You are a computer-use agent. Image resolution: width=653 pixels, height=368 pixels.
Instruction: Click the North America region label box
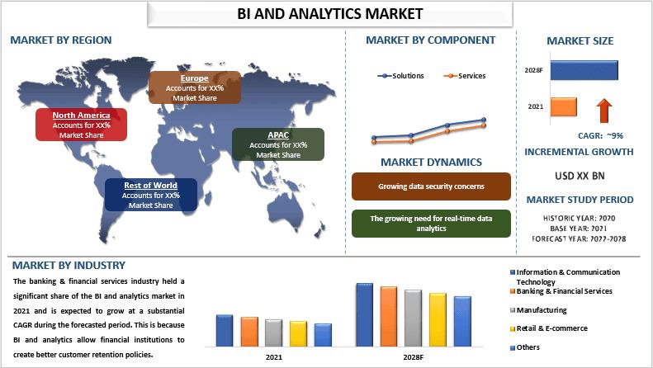coord(81,125)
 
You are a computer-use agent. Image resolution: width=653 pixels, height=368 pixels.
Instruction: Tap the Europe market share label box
coord(195,87)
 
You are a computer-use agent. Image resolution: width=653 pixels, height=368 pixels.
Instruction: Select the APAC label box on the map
coord(278,144)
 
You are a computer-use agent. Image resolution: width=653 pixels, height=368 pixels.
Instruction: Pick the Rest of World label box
coord(151,195)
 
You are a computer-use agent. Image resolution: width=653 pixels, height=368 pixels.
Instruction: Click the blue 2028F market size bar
coord(584,70)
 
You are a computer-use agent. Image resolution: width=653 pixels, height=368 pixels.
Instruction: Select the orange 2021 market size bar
coord(564,107)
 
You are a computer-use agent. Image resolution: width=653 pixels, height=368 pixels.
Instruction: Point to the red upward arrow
coord(603,111)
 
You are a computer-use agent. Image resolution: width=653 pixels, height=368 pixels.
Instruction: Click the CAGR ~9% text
coord(600,135)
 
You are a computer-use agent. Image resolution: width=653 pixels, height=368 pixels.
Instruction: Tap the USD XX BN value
coord(580,176)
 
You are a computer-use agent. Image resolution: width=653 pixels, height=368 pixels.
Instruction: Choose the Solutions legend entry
coord(400,76)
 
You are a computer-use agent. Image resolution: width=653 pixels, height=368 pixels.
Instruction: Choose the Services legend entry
coord(465,76)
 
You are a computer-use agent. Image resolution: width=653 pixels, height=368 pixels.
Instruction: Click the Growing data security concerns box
coord(431,186)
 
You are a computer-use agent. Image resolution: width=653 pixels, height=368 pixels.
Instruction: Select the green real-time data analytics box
coord(431,224)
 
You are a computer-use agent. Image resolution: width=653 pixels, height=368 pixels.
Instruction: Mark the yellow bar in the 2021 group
coord(298,334)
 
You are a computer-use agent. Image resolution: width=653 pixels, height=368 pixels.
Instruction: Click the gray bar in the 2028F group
coord(413,318)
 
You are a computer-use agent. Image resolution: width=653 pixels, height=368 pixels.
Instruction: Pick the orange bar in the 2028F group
coord(389,317)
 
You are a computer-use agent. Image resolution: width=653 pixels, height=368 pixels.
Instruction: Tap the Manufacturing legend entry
coord(538,310)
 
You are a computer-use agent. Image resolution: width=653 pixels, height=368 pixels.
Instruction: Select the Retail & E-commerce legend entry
coord(549,328)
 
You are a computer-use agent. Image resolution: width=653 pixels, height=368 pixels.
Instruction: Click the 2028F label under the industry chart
coord(413,357)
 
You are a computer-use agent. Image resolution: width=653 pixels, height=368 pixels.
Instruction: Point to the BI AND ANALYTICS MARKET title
coord(330,14)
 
